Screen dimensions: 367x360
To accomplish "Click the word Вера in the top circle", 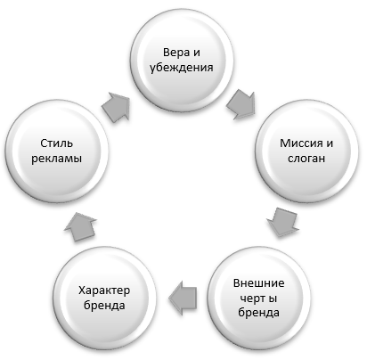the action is click(176, 53).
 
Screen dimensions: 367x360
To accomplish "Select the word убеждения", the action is click(182, 68).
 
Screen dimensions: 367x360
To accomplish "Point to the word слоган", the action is click(306, 159).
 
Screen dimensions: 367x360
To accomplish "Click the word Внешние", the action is click(258, 283).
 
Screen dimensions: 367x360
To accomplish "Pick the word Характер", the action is click(104, 290).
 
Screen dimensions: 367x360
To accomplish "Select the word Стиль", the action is click(56, 143).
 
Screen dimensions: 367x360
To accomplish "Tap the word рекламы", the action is click(56, 159).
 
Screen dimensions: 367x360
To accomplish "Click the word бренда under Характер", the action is click(104, 306).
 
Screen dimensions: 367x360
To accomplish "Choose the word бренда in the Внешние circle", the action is click(258, 313).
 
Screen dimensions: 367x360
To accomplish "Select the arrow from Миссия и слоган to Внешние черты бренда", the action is click(283, 222).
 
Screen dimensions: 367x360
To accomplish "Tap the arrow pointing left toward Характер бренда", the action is click(183, 298).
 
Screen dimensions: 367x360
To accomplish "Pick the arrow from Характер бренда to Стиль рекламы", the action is click(80, 226).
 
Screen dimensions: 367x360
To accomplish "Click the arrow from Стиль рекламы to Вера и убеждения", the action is click(116, 107).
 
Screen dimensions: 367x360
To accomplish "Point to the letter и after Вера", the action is click(197, 53).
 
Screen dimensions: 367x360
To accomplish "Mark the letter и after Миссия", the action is click(330, 144).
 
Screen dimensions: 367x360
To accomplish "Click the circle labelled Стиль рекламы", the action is click(56, 151).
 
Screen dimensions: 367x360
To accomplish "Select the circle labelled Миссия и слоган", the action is click(306, 151).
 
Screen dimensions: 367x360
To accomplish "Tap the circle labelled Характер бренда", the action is click(104, 298).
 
